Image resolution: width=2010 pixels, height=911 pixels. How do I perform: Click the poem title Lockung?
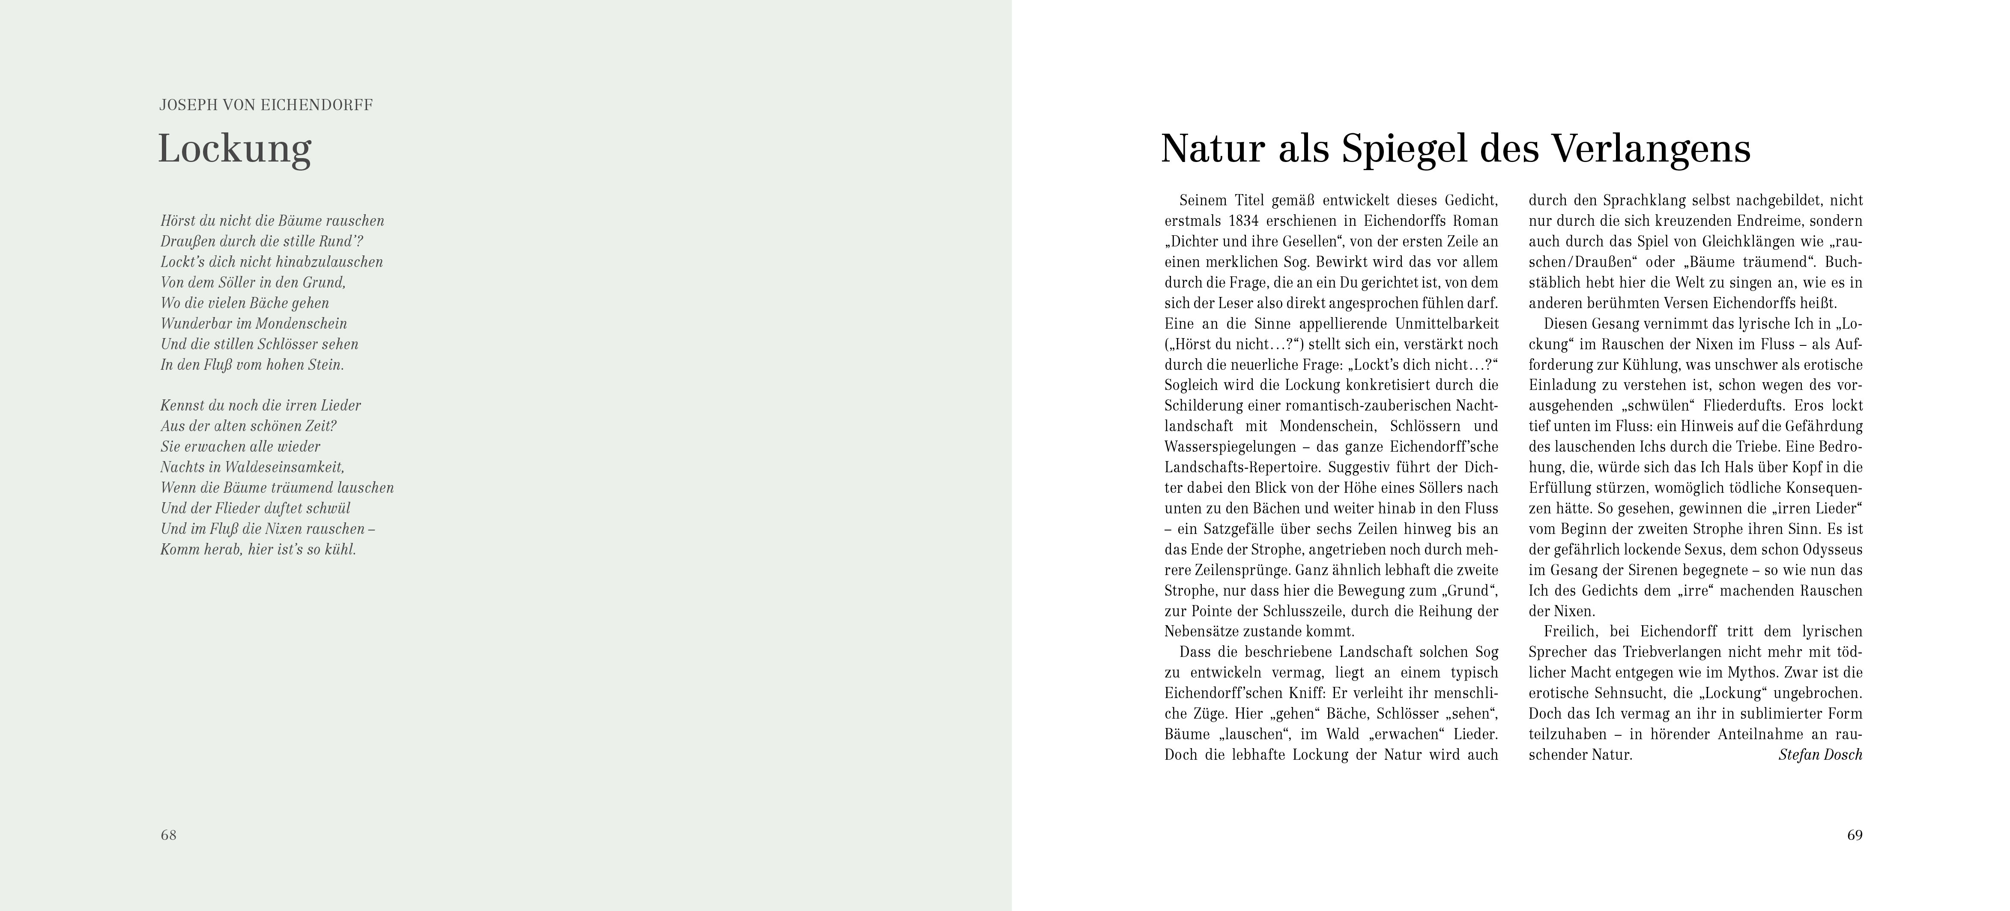click(234, 149)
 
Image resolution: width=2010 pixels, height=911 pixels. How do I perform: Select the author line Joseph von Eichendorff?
click(266, 105)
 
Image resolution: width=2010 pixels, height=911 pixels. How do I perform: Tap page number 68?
click(169, 835)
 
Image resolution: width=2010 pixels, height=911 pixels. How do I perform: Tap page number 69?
click(1855, 835)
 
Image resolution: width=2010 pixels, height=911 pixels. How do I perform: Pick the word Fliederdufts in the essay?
click(1744, 406)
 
